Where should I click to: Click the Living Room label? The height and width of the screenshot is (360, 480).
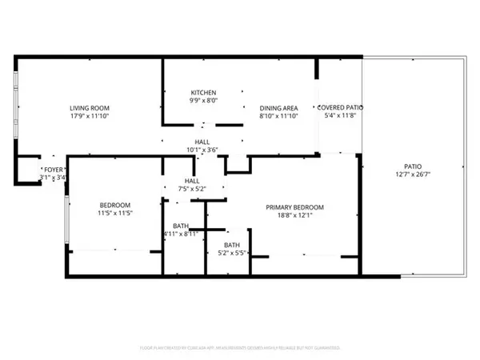[x=90, y=108]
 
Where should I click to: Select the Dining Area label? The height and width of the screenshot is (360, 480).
[x=278, y=108]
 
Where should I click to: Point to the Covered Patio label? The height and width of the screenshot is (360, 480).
[x=341, y=107]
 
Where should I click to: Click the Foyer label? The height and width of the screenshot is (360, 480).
[x=54, y=169]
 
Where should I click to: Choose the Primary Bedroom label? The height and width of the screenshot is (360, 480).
[x=300, y=206]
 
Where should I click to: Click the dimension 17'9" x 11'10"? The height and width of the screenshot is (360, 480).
[x=90, y=116]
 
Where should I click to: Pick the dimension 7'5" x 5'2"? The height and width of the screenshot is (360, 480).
[x=192, y=189]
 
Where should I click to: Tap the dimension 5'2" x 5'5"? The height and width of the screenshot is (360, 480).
[x=232, y=254]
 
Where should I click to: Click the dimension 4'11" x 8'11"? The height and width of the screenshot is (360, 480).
[x=181, y=234]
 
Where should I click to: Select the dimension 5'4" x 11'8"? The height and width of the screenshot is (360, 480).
[x=341, y=115]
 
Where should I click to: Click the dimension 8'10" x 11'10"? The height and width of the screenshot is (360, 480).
[x=278, y=116]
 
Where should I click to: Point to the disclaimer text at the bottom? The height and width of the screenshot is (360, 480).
[x=240, y=348]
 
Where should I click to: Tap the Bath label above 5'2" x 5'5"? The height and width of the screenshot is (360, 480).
[x=232, y=245]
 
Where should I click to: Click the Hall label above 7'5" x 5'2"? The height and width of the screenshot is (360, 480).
[x=192, y=181]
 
